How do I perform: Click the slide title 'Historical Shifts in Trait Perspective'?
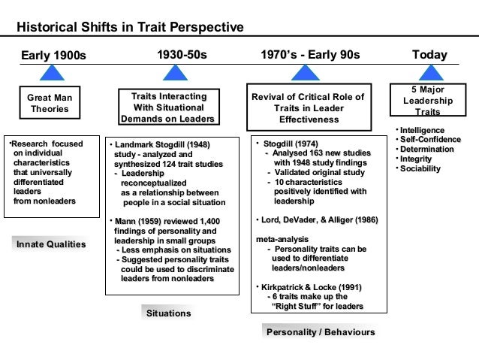(x=131, y=28)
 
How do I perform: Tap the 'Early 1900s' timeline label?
(x=53, y=56)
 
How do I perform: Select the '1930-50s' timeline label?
(x=182, y=55)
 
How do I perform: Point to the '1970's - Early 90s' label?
(x=310, y=55)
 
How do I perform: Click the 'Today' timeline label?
(x=429, y=55)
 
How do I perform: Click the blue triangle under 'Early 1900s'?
(x=50, y=72)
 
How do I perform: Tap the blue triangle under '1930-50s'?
(x=174, y=72)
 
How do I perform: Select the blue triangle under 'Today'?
(x=430, y=72)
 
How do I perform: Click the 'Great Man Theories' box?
(x=50, y=103)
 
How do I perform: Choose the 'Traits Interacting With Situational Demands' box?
(x=167, y=107)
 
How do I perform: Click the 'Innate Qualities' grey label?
(x=51, y=244)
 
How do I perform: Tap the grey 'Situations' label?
(x=168, y=313)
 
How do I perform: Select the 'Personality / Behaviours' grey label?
(x=321, y=331)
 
